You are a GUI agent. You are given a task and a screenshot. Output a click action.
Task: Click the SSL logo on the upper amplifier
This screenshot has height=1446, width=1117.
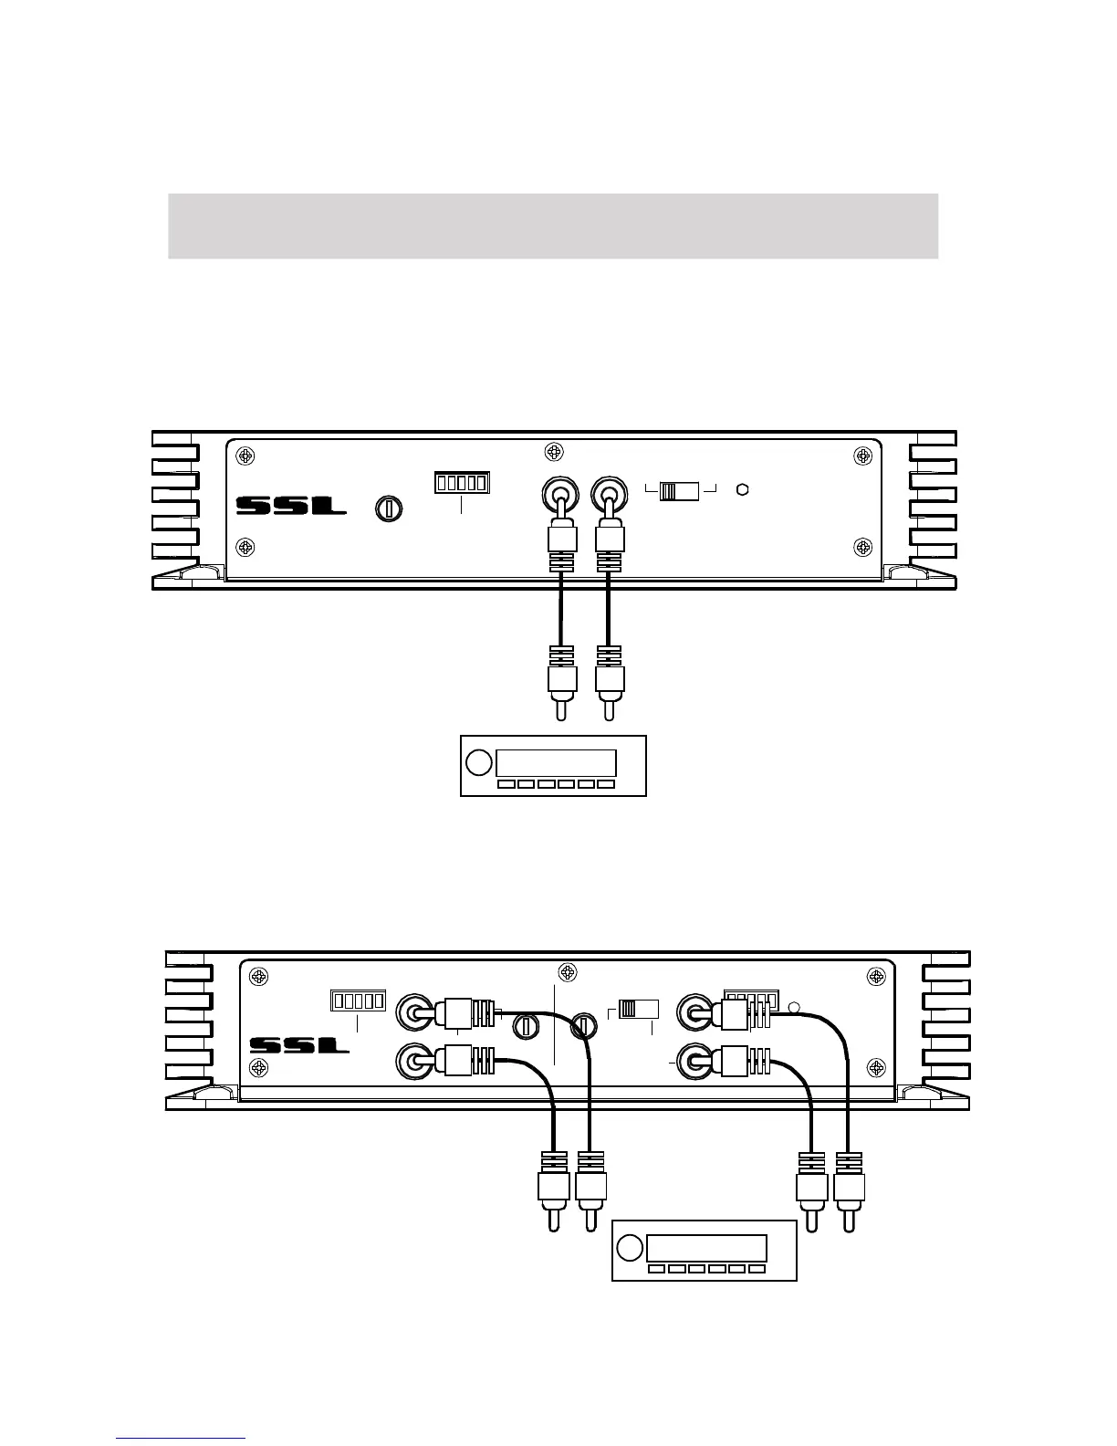291,506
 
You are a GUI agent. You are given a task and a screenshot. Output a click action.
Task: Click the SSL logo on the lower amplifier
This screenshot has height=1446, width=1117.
300,1044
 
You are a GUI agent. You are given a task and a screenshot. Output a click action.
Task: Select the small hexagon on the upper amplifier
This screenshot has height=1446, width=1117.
743,489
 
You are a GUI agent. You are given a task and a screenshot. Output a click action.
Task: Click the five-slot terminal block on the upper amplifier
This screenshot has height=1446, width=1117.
462,482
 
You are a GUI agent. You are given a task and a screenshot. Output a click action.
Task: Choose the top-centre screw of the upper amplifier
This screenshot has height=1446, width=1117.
552,452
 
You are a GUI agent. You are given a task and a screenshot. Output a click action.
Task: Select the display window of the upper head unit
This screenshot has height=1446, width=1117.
555,763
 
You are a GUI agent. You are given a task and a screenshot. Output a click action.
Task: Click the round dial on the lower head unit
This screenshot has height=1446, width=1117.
630,1248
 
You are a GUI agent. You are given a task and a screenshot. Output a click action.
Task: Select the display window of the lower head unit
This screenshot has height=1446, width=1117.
705,1248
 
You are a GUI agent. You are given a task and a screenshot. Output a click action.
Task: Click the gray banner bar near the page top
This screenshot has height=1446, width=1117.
553,225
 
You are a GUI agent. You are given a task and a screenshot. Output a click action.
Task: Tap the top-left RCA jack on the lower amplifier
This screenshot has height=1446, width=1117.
415,1011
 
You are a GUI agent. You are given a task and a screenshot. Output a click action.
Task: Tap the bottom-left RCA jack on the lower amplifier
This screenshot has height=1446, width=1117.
415,1062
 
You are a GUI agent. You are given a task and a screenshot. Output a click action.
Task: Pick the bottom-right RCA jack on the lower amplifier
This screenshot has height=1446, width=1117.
695,1062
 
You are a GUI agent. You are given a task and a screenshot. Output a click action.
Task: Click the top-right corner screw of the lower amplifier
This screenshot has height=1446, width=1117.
876,977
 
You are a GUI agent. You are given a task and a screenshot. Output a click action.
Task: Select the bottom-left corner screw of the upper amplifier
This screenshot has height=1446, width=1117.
245,547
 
